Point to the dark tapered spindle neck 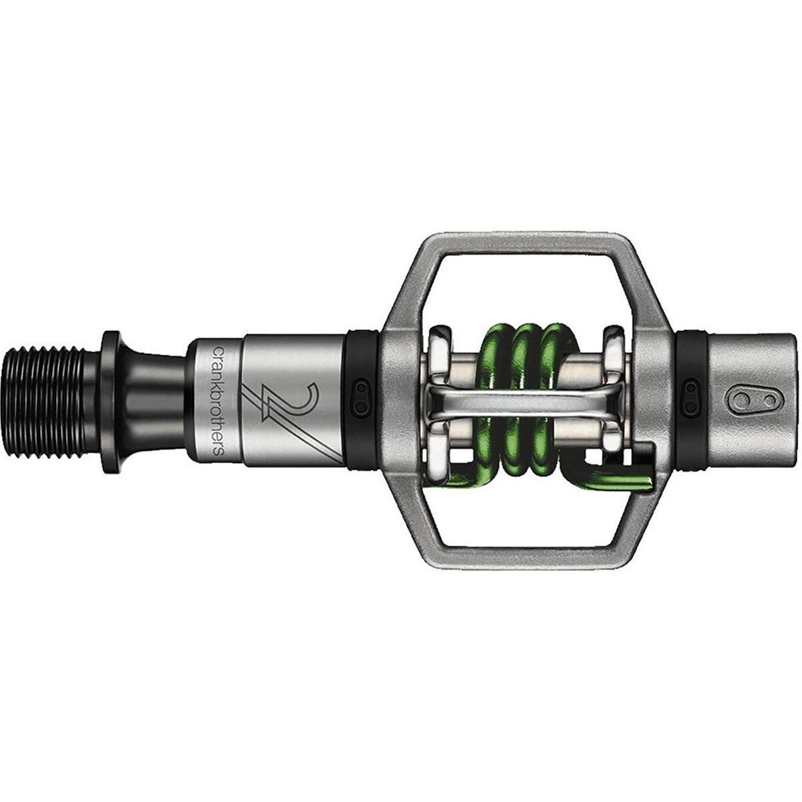pyautogui.click(x=154, y=402)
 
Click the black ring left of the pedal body pyautogui.click(x=362, y=402)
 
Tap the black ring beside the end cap pyautogui.click(x=692, y=402)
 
